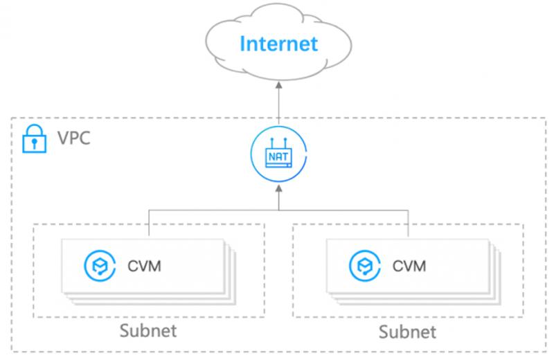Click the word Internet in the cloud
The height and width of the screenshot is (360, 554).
coord(279,44)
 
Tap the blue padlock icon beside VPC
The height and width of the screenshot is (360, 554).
coord(34,139)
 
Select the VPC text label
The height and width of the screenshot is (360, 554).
coord(74,138)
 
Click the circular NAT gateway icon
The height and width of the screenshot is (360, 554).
coord(279,154)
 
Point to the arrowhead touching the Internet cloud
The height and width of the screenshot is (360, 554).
coord(279,85)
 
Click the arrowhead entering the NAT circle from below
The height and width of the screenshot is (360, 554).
coord(279,188)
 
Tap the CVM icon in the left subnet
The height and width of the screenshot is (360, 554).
coord(100,266)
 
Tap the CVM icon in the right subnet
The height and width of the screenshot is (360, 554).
coord(365,266)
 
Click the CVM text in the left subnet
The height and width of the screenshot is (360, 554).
coord(144,266)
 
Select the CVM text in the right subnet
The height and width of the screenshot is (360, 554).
coord(409,266)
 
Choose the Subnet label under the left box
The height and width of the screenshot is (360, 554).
coord(148,331)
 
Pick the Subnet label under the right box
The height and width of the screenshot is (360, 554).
coord(407,332)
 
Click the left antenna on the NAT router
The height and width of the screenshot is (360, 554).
coord(272,143)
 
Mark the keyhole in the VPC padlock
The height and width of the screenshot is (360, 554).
coord(34,143)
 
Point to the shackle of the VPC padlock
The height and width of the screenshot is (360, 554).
coord(35,129)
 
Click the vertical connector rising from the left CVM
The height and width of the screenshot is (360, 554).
coord(149,223)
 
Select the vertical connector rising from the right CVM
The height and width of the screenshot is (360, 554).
coord(409,223)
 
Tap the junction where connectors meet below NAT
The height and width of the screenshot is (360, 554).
coord(279,210)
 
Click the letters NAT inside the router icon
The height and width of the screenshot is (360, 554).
coord(278,156)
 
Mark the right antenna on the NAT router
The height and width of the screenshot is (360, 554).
coord(285,143)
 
